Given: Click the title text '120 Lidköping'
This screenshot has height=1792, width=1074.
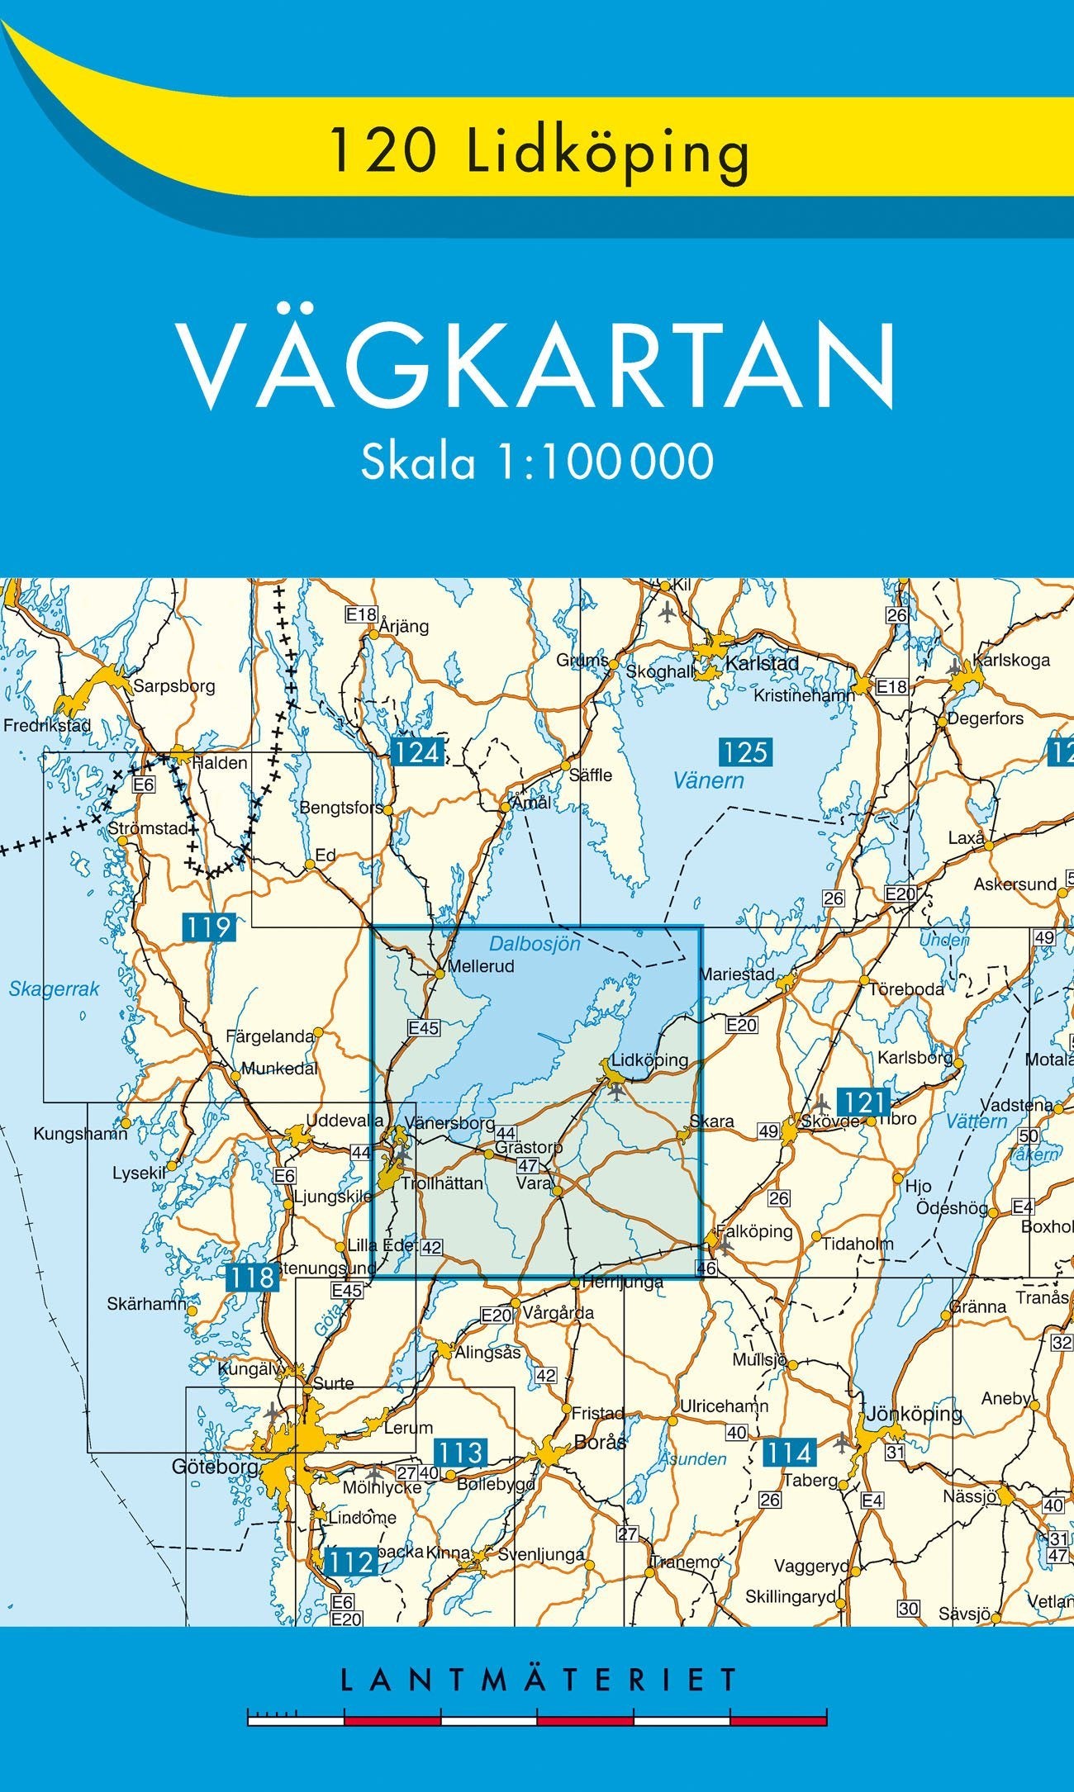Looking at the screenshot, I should click(539, 153).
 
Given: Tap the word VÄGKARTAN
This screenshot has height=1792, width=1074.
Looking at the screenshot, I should click(538, 367).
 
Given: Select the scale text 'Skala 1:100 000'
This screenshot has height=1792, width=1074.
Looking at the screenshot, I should click(537, 461).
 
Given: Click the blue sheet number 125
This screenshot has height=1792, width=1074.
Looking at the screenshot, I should click(745, 751).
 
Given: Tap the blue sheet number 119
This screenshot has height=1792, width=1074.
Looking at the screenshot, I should click(208, 927).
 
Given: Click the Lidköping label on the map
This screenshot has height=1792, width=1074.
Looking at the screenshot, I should click(649, 1060).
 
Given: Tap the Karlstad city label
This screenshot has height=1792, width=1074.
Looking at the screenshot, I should click(762, 663).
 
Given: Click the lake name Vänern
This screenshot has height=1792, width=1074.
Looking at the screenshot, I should click(708, 780).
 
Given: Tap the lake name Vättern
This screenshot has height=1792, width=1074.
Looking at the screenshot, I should click(977, 1121).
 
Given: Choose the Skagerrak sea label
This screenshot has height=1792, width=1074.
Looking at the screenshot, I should click(54, 988).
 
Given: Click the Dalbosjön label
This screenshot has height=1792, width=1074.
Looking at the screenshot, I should click(535, 943).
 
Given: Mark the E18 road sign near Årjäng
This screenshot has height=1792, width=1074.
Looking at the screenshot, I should click(361, 614).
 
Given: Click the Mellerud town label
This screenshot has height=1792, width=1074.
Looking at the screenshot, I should click(480, 965).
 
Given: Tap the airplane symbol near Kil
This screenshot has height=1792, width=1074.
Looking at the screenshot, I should click(668, 613).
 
